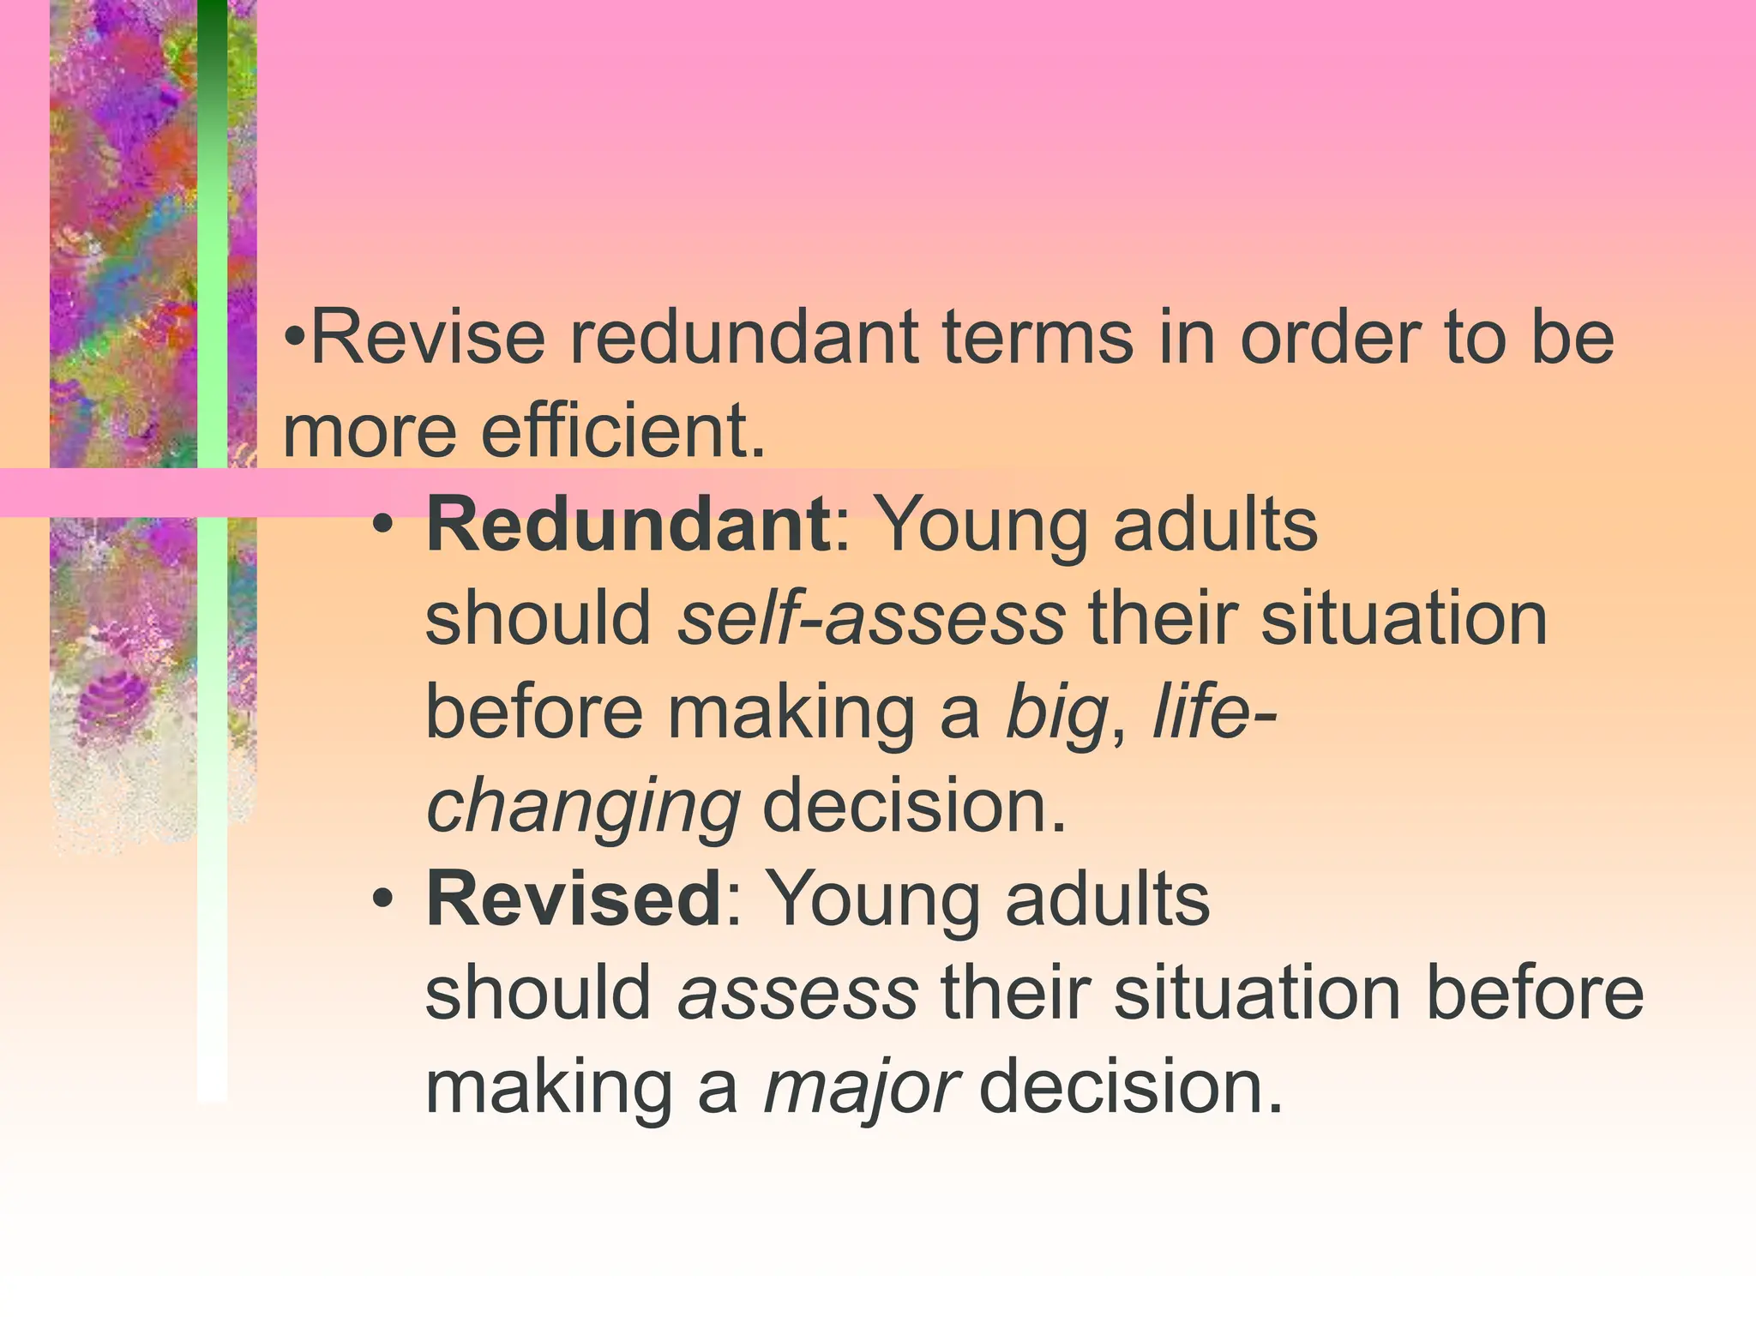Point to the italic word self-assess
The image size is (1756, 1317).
coord(871,618)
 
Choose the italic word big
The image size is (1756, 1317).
coord(1056,713)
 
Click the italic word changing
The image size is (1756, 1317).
coord(583,807)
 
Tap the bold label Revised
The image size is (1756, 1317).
coord(574,899)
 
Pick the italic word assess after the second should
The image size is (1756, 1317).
coord(797,993)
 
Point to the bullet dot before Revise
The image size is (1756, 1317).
coord(294,337)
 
